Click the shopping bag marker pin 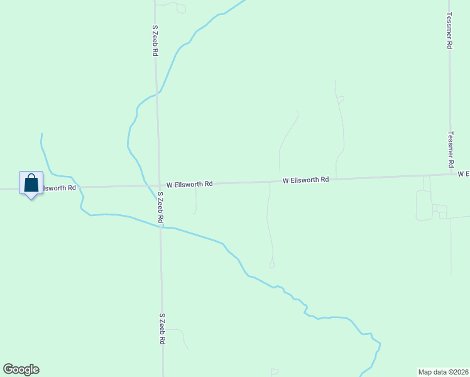coord(31,183)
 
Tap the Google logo coord(21,369)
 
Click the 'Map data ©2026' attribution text coord(444,371)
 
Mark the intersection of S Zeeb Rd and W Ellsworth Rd coord(158,185)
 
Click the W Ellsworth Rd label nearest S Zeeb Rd coord(185,184)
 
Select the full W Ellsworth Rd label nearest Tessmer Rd coord(306,180)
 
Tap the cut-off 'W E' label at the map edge coord(464,173)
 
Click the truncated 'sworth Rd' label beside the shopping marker coord(59,188)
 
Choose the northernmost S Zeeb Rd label coord(155,41)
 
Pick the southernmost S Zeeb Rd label coord(162,329)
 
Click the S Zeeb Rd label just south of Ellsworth coord(160,208)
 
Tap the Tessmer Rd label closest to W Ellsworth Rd coord(451,148)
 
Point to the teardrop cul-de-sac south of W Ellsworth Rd coord(272,265)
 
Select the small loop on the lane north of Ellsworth coord(341,99)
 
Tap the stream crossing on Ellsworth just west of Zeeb coord(146,185)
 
